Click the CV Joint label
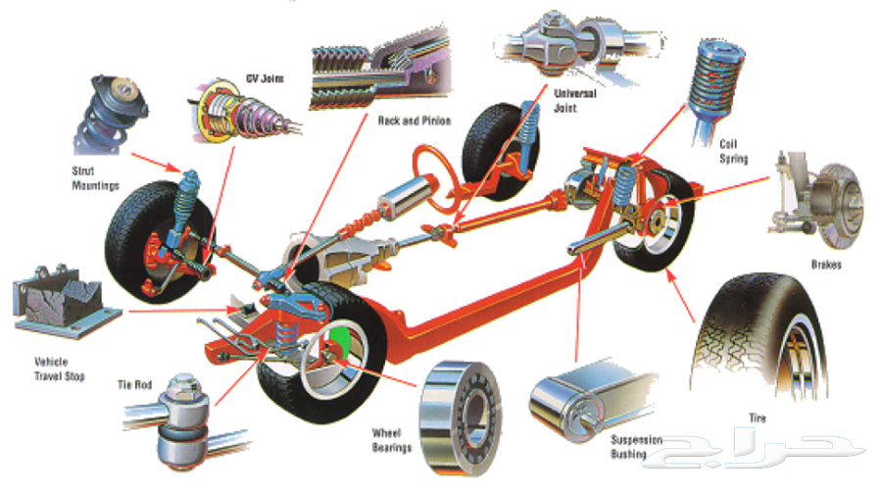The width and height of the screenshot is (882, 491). tap(265, 78)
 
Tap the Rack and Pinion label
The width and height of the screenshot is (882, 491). tap(414, 121)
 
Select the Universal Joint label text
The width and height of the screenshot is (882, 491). tap(574, 101)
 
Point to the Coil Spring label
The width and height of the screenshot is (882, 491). tap(733, 151)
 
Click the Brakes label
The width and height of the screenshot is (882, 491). tap(826, 265)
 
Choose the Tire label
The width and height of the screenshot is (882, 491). tap(758, 417)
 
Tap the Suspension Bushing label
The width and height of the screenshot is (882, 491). tap(636, 447)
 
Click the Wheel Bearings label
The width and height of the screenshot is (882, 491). tap(392, 440)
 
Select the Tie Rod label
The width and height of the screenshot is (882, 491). tap(134, 385)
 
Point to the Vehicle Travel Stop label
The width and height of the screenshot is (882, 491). tap(59, 368)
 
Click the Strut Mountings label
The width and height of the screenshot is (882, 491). tap(95, 177)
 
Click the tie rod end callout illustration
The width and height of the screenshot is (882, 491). tap(180, 419)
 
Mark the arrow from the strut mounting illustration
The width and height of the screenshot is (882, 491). tap(157, 162)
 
